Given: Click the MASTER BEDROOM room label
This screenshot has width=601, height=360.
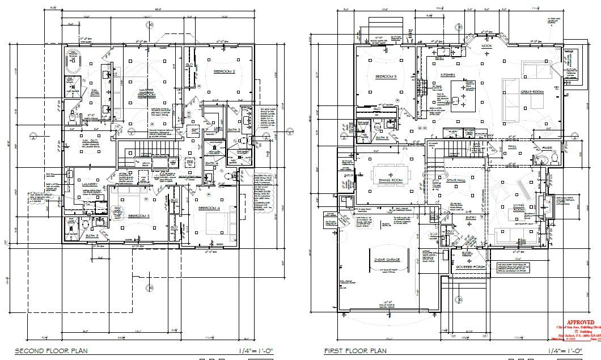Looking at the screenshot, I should tap(147, 93).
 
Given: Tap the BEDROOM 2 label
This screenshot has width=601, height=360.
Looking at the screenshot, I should tap(224, 72).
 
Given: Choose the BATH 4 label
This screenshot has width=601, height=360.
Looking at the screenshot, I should tap(211, 164).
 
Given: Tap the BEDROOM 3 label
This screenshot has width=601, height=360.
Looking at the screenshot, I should tap(139, 216).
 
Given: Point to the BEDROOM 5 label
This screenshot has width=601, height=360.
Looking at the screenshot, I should tap(387, 77).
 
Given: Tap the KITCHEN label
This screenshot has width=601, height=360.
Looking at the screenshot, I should tap(448, 75).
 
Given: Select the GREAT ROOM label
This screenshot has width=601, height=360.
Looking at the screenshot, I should tap(532, 92).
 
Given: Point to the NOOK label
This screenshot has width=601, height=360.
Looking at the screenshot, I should tap(486, 45).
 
